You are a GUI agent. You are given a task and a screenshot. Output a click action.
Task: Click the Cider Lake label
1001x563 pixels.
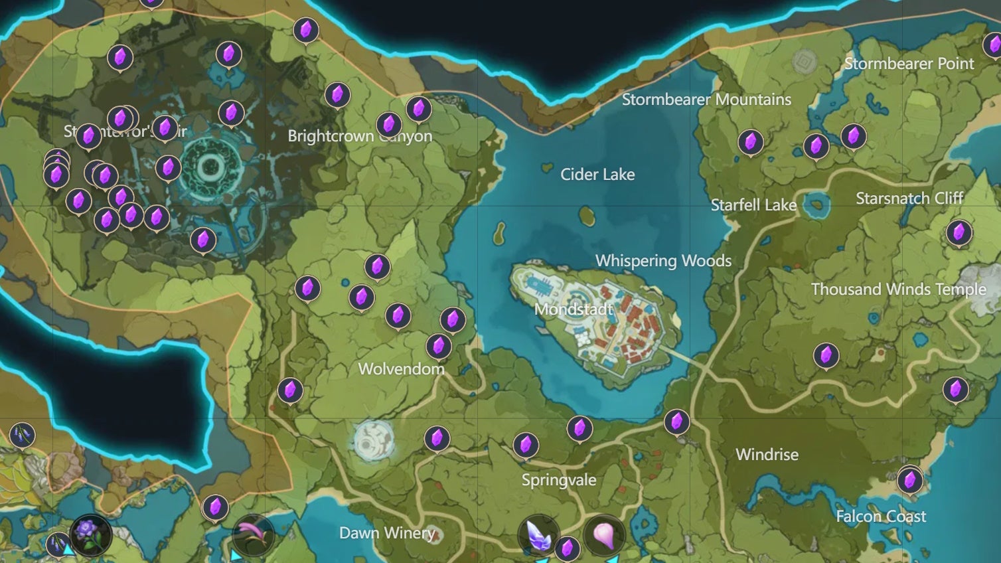[x=597, y=175]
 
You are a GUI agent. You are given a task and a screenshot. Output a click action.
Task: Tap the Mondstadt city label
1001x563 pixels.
[x=574, y=309]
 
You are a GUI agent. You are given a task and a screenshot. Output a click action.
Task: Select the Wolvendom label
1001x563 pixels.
[x=401, y=369]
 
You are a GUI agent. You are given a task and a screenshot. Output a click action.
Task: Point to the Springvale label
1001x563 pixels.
[x=559, y=480]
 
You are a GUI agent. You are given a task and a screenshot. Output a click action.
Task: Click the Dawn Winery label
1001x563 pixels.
[x=387, y=533]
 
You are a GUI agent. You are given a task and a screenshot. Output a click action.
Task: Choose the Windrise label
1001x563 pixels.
[x=767, y=455]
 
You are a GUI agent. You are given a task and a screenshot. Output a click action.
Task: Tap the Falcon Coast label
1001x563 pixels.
[x=881, y=517]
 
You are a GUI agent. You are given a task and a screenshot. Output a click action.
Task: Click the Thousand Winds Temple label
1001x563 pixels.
[x=898, y=289]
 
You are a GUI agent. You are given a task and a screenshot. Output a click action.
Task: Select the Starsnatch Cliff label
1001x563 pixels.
[x=909, y=199]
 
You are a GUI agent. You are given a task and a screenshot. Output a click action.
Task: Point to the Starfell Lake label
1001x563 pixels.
[x=753, y=205]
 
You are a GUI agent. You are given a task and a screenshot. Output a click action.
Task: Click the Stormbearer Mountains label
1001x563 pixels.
[x=706, y=100]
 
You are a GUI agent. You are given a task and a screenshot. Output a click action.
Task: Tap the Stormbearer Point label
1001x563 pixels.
[x=909, y=64]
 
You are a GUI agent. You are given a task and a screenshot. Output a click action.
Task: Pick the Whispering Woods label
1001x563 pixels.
[x=663, y=261]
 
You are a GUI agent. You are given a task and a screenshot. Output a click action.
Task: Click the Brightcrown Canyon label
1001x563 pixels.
[x=360, y=136]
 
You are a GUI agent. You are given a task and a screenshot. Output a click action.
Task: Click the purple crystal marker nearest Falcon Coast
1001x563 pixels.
[x=909, y=479]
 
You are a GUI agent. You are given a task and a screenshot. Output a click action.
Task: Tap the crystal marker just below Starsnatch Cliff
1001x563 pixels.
[x=959, y=232]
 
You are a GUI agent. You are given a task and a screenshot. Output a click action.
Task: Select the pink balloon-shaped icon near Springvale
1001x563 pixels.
[x=603, y=535]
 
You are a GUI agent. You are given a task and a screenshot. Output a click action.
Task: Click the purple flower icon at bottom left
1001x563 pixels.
[x=90, y=534]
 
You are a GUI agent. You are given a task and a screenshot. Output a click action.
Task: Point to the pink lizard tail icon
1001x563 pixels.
[x=253, y=534]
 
